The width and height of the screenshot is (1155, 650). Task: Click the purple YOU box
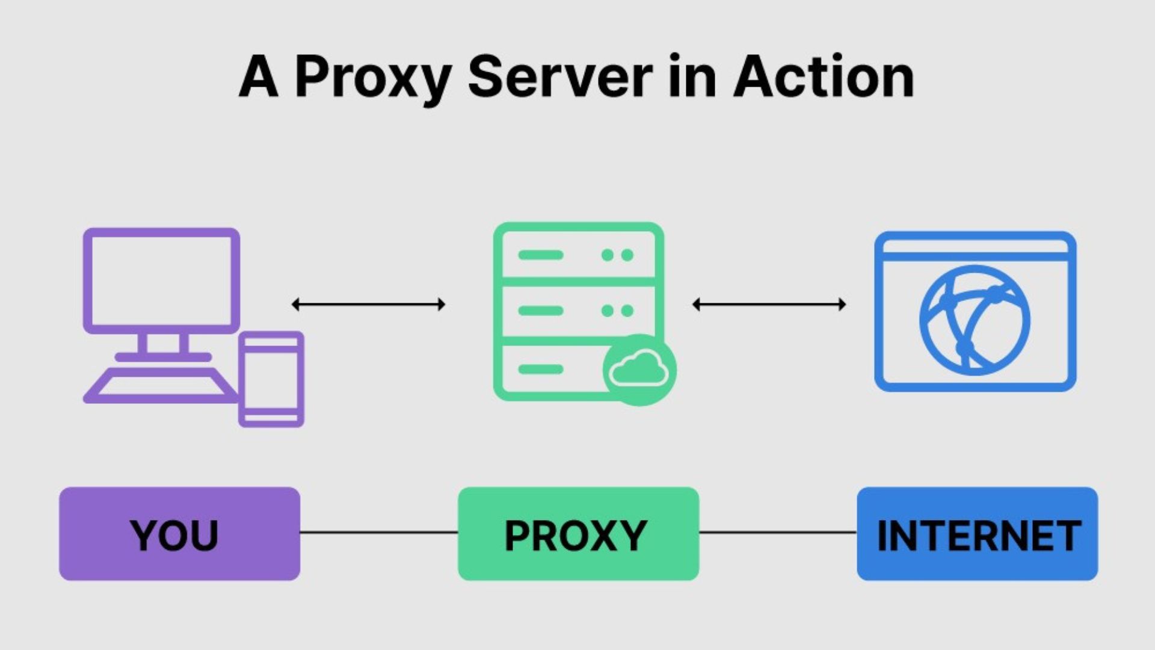tap(179, 534)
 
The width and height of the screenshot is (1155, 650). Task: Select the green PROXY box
tap(578, 534)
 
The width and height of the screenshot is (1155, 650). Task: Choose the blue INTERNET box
tap(977, 534)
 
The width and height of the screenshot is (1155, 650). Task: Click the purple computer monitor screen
tap(161, 280)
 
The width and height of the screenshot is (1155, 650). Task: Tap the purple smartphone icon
tap(271, 379)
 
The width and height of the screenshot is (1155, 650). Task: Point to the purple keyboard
tap(161, 385)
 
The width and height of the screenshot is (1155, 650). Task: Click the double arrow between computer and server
tap(368, 305)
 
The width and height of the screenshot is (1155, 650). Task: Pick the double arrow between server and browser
tap(769, 305)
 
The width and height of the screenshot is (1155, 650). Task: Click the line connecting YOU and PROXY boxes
tap(379, 533)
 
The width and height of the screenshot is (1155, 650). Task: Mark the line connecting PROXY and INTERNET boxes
tap(778, 533)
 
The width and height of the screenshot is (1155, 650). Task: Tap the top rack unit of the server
tap(578, 255)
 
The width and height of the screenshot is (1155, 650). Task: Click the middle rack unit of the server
tap(578, 311)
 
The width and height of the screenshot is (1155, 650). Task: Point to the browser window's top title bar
tap(975, 247)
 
